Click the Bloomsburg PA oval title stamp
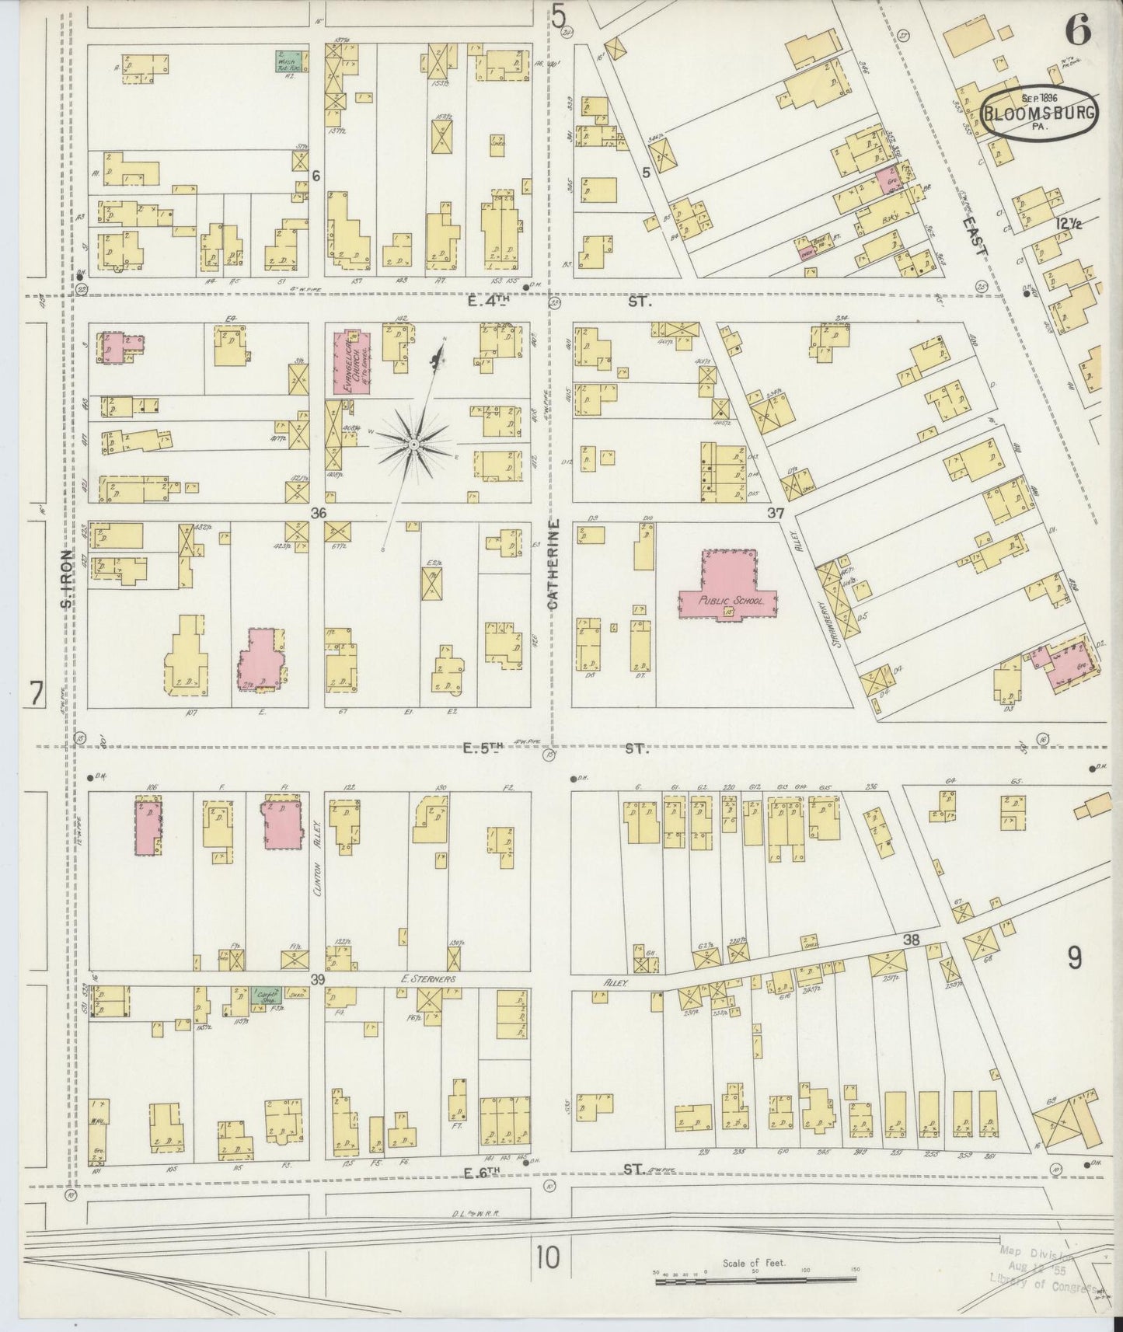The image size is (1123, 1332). (1040, 113)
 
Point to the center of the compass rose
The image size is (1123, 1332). (414, 444)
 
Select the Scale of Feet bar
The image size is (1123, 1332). (753, 1277)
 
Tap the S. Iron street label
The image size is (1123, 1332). (67, 579)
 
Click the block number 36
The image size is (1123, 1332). (317, 513)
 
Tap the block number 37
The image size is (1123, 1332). (775, 513)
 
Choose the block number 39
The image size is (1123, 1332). (317, 980)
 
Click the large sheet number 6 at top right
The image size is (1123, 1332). (1078, 30)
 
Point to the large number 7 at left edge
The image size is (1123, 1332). (35, 692)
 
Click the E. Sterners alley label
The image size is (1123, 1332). (427, 981)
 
